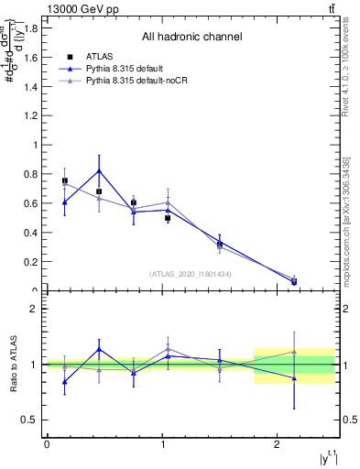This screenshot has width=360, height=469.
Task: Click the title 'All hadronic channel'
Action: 191,38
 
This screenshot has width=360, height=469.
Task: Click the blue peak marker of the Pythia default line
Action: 99,170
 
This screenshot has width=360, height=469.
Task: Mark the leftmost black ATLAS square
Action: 64,180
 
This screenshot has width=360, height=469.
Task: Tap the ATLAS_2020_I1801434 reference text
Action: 191,274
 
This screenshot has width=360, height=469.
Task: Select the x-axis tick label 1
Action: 162,444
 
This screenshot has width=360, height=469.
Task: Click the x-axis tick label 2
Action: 278,444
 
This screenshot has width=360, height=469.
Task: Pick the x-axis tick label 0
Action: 47,444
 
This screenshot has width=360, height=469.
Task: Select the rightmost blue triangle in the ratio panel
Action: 294,377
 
